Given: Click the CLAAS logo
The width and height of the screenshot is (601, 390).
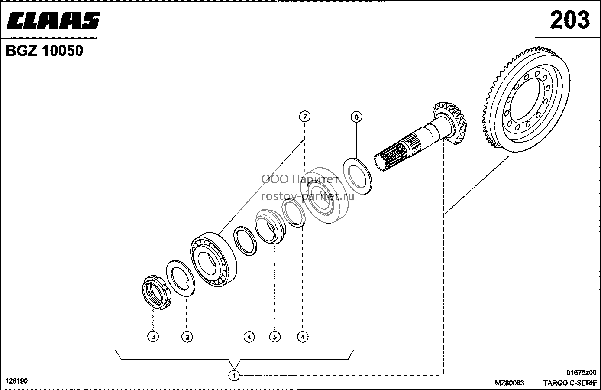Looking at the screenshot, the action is (x=53, y=20).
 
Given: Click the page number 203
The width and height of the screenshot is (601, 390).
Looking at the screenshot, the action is (x=570, y=20).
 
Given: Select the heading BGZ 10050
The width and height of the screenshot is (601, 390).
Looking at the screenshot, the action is (x=45, y=51).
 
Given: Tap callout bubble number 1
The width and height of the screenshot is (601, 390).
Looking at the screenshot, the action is (x=234, y=375).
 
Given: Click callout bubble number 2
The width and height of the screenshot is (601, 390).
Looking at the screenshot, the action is (x=187, y=337).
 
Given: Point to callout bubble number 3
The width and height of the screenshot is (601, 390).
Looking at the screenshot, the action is (x=153, y=337).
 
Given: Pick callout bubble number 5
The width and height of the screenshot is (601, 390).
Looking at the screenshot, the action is (x=275, y=337).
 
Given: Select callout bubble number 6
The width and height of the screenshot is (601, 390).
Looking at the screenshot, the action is (x=356, y=117).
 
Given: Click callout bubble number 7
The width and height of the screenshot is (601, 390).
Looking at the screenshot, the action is (x=304, y=117).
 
